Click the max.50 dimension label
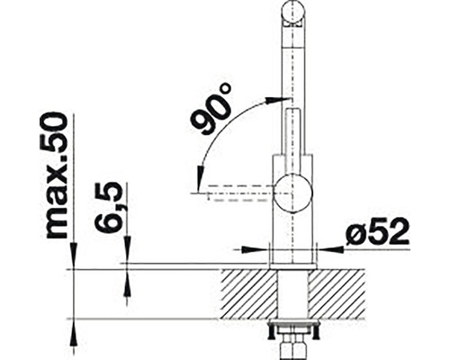56,176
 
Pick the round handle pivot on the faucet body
294,191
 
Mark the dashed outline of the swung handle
234,191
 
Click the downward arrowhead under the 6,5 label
127,257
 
